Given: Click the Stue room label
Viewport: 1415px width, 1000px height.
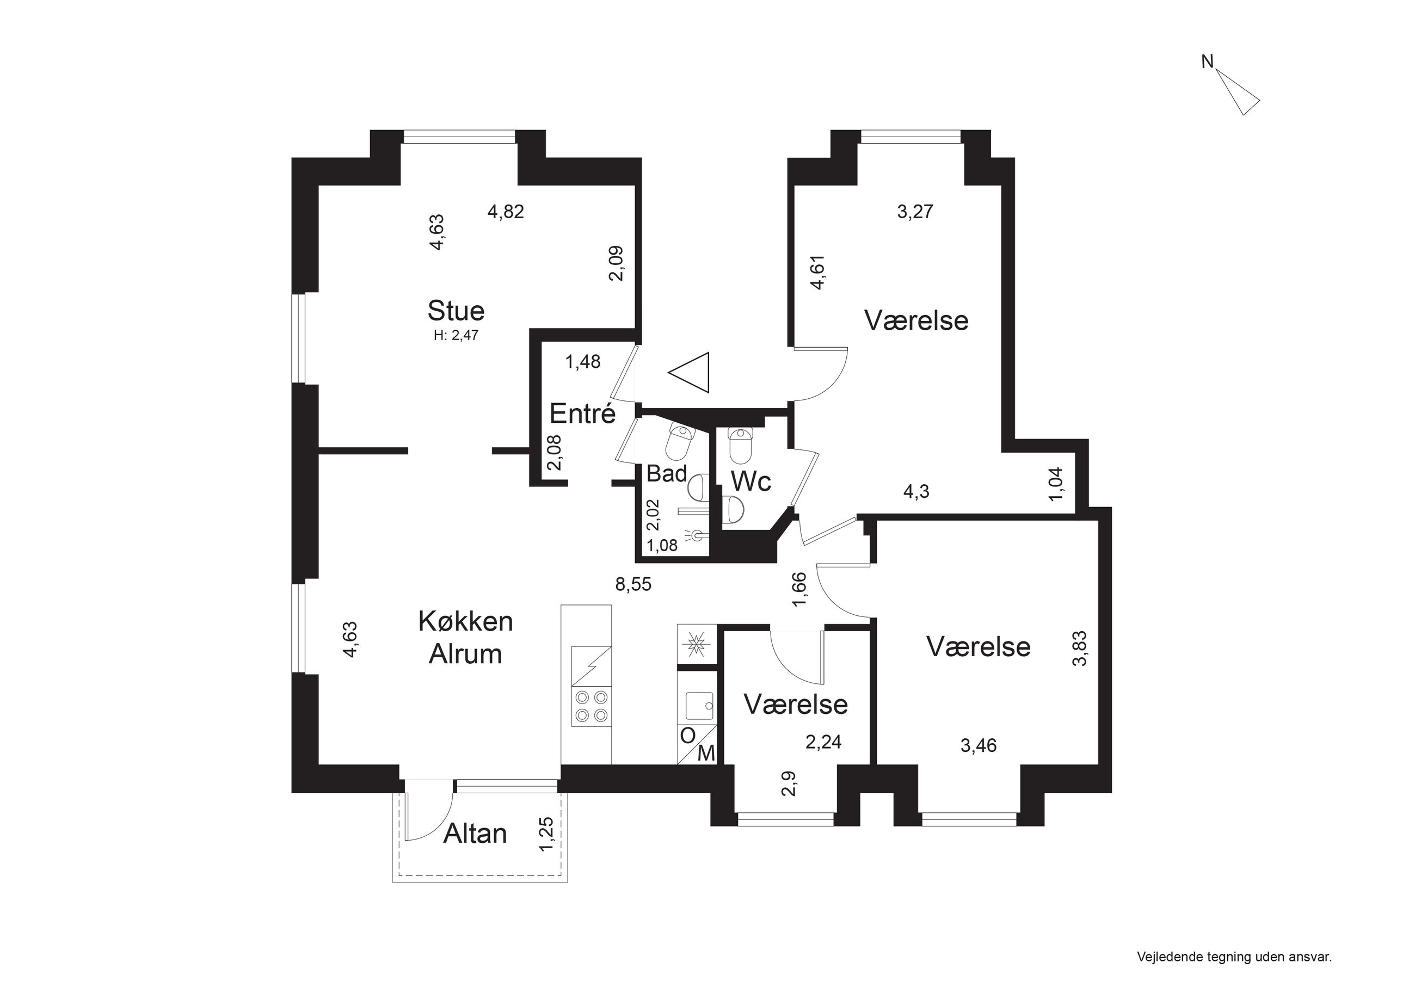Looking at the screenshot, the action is click(x=456, y=311).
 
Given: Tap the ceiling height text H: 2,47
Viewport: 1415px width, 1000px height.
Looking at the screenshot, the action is click(x=456, y=336).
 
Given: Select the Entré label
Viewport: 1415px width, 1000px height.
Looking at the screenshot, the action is click(x=582, y=413).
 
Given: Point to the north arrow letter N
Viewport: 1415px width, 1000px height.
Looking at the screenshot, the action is click(x=1207, y=61).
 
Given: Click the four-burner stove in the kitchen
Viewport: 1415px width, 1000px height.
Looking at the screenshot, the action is click(x=591, y=707).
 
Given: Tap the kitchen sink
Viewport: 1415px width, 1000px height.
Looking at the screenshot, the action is click(x=699, y=706).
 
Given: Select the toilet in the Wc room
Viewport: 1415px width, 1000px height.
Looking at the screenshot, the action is click(x=740, y=445).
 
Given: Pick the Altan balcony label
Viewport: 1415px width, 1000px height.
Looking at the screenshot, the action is click(x=475, y=834).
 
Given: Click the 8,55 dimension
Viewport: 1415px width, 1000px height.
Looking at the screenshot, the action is click(x=633, y=584).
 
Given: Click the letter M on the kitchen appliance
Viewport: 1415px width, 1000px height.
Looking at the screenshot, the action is click(x=706, y=753).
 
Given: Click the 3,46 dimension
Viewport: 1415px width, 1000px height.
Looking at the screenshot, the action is click(x=978, y=746).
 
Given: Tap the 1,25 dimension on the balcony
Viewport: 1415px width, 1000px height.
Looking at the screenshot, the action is click(x=546, y=834).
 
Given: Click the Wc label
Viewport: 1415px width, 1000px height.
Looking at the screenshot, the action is click(x=751, y=480).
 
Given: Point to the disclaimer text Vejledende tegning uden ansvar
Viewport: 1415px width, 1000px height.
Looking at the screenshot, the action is click(x=1234, y=958).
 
